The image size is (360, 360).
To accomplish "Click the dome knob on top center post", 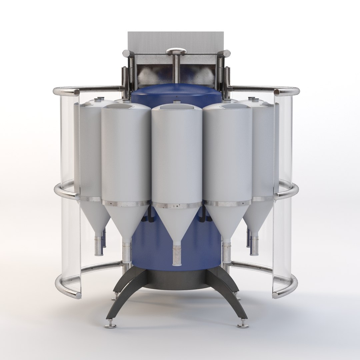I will coord(176,51).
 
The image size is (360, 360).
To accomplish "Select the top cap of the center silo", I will coord(176,107).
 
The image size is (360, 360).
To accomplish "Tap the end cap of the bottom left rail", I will coord(78,295).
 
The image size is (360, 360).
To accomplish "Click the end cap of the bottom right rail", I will coord(276,295).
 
